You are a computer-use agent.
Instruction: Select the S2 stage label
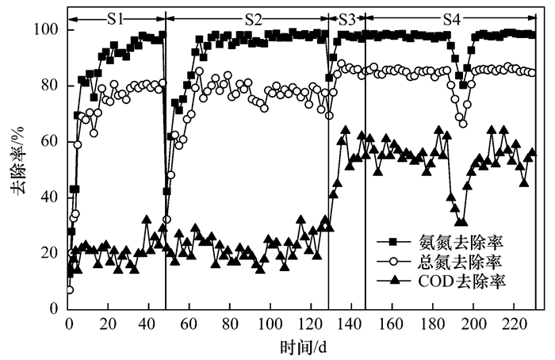(253, 14)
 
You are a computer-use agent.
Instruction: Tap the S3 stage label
(346, 14)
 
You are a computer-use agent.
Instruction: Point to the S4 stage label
(450, 14)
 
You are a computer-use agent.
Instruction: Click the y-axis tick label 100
(49, 29)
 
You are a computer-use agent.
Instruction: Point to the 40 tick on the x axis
(150, 325)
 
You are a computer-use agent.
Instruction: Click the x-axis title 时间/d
(300, 347)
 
